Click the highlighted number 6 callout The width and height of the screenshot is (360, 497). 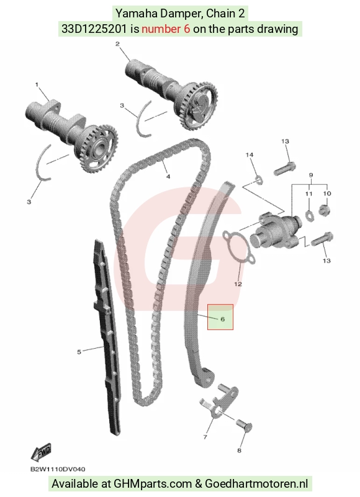click(x=222, y=318)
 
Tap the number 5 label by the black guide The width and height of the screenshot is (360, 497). click(x=79, y=352)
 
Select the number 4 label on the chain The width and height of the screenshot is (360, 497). click(x=168, y=176)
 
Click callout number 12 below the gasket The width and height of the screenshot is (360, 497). click(x=238, y=284)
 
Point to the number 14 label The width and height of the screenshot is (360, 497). click(x=250, y=154)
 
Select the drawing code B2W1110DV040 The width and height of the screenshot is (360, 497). click(x=58, y=470)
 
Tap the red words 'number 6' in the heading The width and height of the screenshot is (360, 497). click(x=166, y=29)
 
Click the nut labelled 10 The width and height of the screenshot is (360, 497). click(x=325, y=210)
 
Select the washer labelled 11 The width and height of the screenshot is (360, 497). click(x=309, y=215)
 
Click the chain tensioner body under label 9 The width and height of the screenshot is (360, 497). click(x=274, y=231)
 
